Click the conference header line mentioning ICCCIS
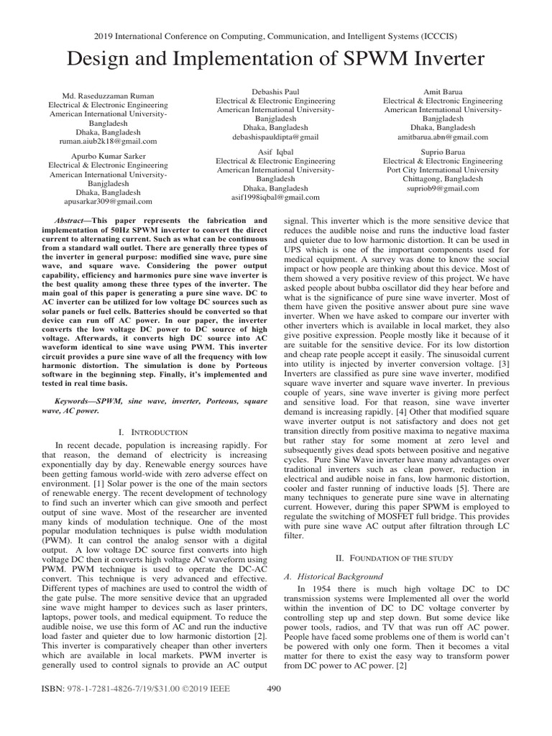pos(276,35)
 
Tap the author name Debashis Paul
pos(275,91)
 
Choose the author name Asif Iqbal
pos(275,152)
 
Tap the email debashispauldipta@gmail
pos(275,136)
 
